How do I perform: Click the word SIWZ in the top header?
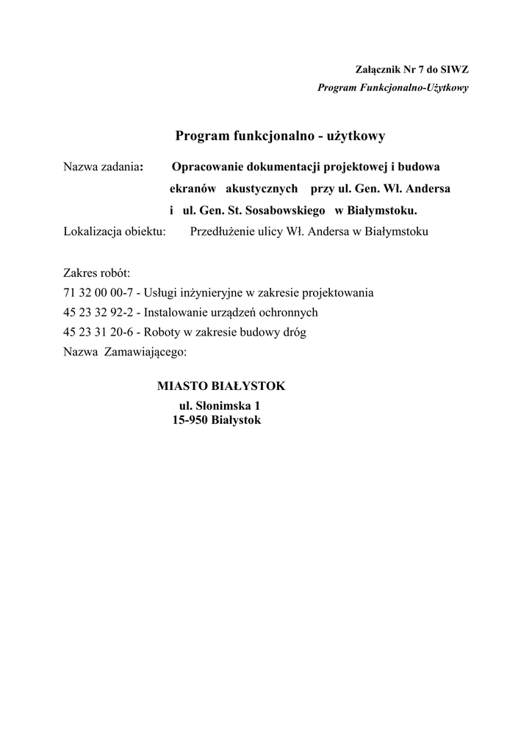pyautogui.click(x=454, y=70)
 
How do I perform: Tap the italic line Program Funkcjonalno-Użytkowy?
pyautogui.click(x=393, y=87)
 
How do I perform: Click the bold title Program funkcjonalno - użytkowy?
pyautogui.click(x=280, y=136)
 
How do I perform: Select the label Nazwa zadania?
pyautogui.click(x=102, y=167)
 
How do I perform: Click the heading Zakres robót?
pyautogui.click(x=96, y=273)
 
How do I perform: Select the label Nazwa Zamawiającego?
pyautogui.click(x=125, y=352)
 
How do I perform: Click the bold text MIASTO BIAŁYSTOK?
pyautogui.click(x=221, y=386)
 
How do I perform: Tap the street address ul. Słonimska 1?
pyautogui.click(x=220, y=406)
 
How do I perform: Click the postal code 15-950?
pyautogui.click(x=190, y=421)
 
